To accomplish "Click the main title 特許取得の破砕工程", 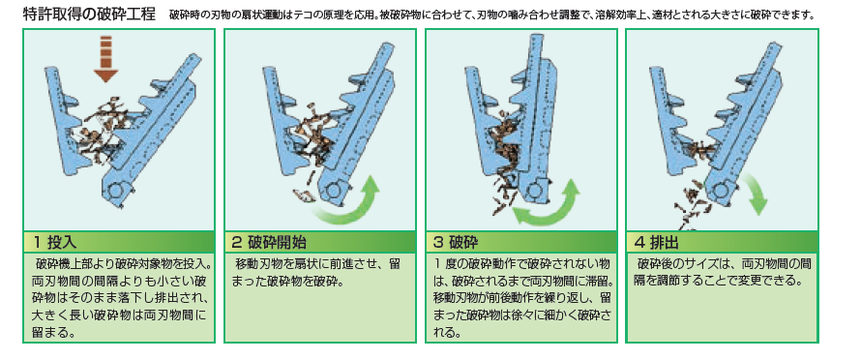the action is [x=90, y=14].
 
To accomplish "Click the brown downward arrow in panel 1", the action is [x=106, y=59].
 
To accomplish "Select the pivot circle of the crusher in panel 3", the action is [x=533, y=191].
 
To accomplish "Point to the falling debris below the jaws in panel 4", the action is [x=691, y=203].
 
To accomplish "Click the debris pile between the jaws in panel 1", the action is [x=99, y=129].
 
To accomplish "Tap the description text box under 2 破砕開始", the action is [x=319, y=297].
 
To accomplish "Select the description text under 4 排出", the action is [x=723, y=272].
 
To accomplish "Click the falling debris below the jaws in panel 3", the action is [x=501, y=193].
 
